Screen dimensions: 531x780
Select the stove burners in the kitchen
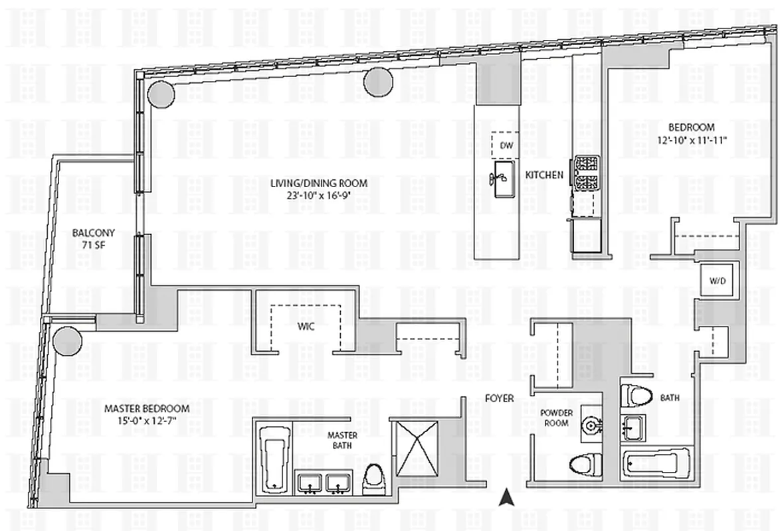coord(587,172)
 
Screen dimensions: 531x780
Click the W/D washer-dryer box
coord(717,281)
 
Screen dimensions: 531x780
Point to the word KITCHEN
coord(544,175)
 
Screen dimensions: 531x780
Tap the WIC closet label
coord(305,327)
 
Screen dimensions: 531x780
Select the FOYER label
coord(500,398)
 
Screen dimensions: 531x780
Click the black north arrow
coord(506,495)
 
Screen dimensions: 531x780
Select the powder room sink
coord(588,424)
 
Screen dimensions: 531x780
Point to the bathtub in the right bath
coord(655,462)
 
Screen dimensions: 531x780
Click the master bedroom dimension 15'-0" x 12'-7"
coord(147,420)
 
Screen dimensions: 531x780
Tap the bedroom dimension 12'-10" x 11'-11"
coord(691,139)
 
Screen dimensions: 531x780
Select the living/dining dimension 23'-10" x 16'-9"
coord(318,195)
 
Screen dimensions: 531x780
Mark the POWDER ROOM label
coord(555,417)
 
